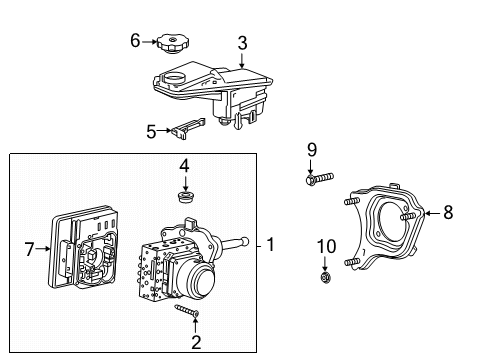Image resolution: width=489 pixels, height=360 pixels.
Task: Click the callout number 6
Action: click(135, 40)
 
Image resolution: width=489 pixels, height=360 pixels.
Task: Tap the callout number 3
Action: click(241, 42)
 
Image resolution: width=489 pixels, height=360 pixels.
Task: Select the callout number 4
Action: click(184, 164)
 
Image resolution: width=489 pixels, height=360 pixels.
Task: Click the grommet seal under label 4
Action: click(184, 196)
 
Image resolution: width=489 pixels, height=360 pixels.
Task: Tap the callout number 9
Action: click(311, 149)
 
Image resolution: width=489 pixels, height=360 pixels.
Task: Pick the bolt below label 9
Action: click(313, 181)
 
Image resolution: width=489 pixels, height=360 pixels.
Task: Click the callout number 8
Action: click(448, 211)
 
